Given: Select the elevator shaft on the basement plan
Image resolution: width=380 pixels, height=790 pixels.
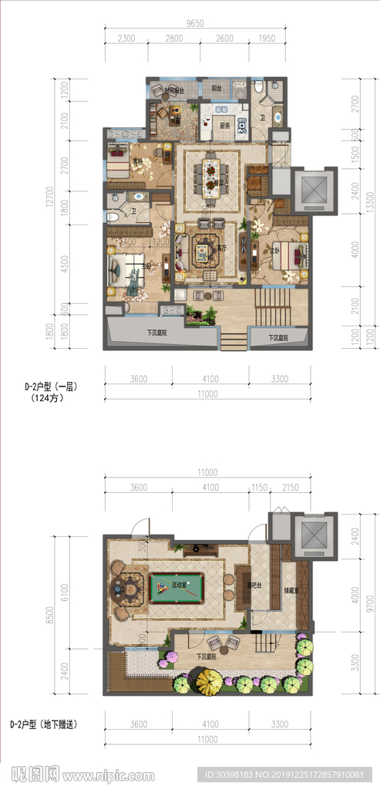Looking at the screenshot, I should [x=312, y=535].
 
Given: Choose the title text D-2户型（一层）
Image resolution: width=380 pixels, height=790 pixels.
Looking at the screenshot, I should [x=53, y=384].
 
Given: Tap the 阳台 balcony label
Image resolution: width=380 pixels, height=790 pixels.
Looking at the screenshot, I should [x=218, y=89].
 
